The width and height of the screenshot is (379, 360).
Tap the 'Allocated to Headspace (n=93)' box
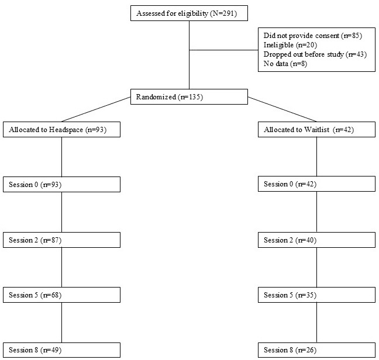click(61, 129)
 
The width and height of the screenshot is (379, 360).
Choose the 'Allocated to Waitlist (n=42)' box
click(316, 129)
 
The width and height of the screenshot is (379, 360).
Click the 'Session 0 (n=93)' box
click(61, 185)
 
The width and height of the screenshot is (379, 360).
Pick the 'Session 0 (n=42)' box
click(316, 184)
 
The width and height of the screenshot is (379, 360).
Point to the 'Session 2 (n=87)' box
click(61, 240)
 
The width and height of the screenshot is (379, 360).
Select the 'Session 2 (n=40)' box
click(316, 240)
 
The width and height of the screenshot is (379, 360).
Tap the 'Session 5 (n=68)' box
click(61, 295)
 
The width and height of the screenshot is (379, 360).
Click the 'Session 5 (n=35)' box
click(316, 295)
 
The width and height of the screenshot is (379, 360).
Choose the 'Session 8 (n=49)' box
click(61, 350)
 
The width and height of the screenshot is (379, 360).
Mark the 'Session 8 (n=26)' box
click(316, 350)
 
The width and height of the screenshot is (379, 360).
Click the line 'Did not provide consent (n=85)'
click(313, 36)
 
